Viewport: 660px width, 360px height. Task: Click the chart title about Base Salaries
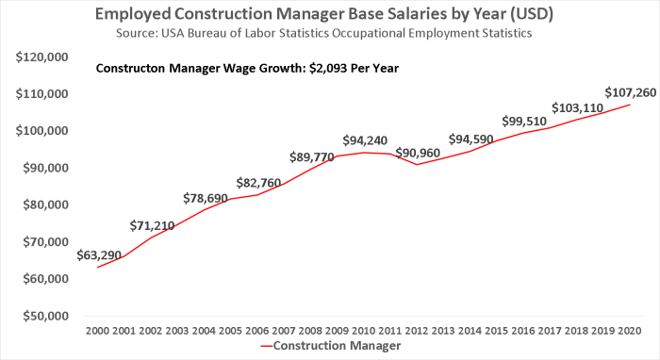click(330, 14)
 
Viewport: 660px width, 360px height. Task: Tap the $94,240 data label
click(364, 140)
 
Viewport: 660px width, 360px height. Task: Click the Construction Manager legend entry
click(330, 346)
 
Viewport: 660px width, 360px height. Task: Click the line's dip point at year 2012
click(417, 165)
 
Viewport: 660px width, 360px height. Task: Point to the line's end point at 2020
click(629, 104)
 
